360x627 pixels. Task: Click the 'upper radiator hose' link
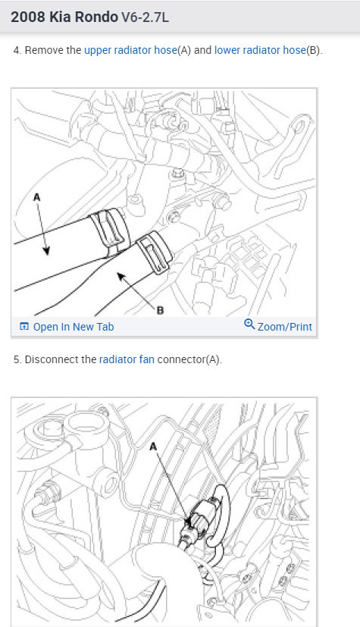130,50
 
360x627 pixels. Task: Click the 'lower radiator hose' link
260,50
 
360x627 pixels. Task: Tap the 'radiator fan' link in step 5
127,359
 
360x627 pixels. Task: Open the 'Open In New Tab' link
74,327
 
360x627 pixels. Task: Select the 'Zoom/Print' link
285,327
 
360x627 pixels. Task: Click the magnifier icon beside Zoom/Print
249,324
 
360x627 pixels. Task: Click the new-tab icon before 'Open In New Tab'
24,327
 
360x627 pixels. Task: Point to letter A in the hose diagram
37,196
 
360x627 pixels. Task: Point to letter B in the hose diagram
160,310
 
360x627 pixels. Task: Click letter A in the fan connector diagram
153,447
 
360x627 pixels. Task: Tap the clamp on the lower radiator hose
154,253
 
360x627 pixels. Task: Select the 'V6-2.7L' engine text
145,17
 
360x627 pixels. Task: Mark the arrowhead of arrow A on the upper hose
47,252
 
